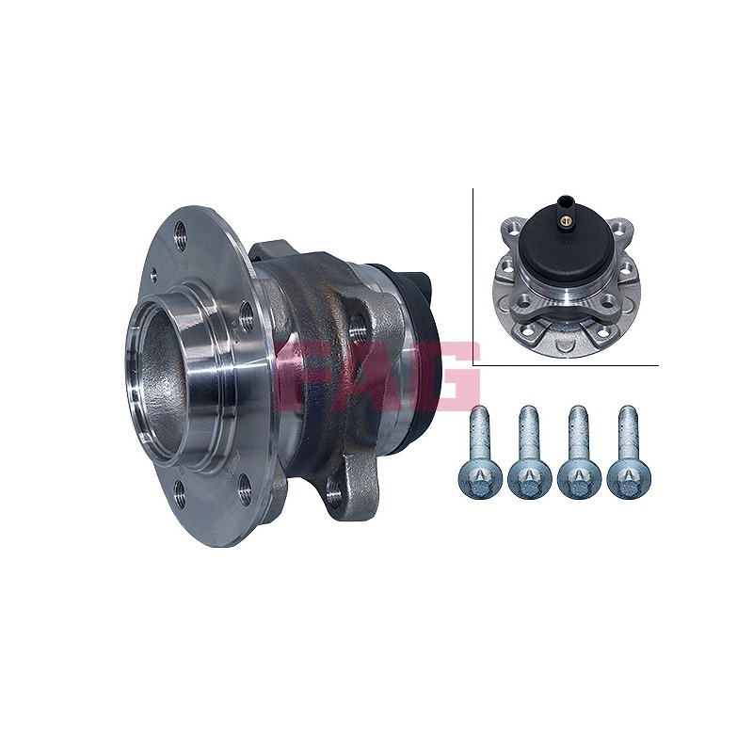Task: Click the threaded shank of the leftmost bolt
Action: coord(480,431)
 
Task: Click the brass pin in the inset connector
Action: coord(566,220)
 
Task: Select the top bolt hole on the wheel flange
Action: coord(181,236)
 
